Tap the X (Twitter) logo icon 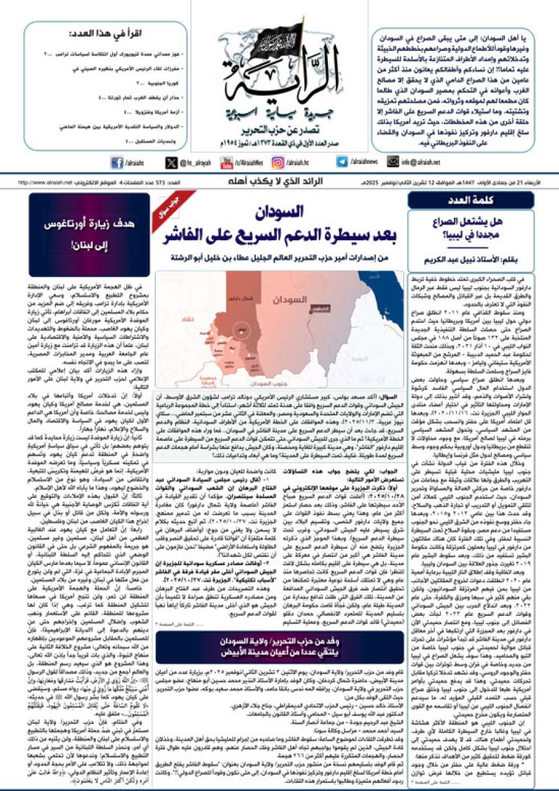171,163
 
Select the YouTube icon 227,163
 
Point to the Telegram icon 342,162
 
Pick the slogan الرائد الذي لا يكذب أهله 279,183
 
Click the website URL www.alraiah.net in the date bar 45,183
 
